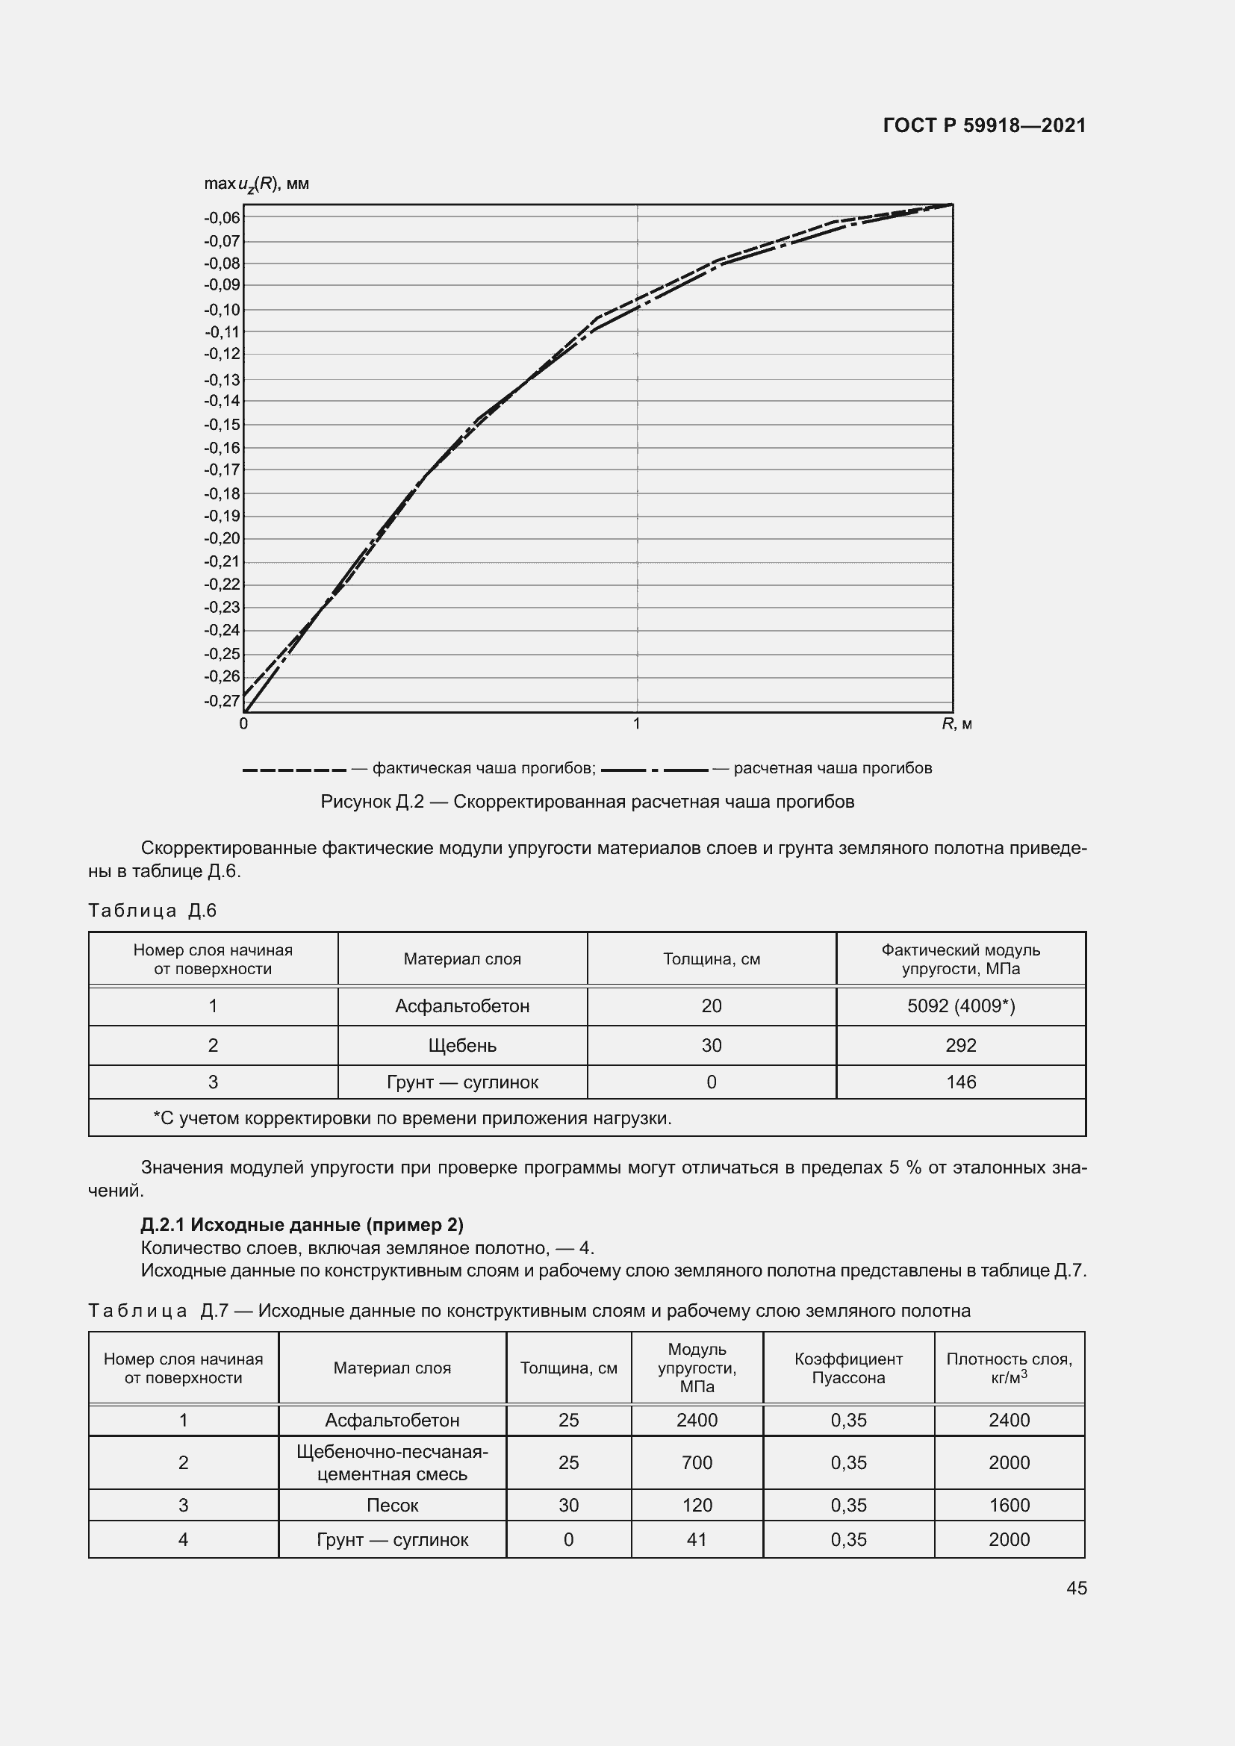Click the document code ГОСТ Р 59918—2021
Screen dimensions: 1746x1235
click(984, 125)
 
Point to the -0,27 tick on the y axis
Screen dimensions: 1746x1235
click(222, 700)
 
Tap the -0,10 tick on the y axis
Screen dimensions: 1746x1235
click(222, 310)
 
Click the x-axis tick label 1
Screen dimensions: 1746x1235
click(636, 724)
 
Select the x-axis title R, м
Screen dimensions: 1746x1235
click(956, 725)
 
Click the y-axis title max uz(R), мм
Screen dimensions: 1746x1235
click(256, 184)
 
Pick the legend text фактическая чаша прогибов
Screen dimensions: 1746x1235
click(484, 768)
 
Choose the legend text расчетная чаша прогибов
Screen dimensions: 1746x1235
click(833, 768)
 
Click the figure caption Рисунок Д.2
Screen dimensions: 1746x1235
click(587, 802)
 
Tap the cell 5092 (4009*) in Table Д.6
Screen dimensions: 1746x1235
click(960, 1006)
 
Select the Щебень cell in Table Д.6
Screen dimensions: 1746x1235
click(462, 1046)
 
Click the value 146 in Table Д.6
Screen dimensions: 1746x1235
click(960, 1082)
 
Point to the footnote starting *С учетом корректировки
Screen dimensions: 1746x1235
click(412, 1118)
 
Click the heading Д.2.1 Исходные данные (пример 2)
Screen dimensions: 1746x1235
click(302, 1224)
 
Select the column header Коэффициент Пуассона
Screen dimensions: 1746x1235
click(848, 1368)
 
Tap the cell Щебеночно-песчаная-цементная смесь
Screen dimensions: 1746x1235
click(393, 1462)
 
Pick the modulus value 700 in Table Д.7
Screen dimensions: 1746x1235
click(697, 1462)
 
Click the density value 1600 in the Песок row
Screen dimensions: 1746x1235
click(1010, 1505)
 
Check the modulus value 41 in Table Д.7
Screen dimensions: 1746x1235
click(697, 1539)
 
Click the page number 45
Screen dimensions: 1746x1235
click(1076, 1588)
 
